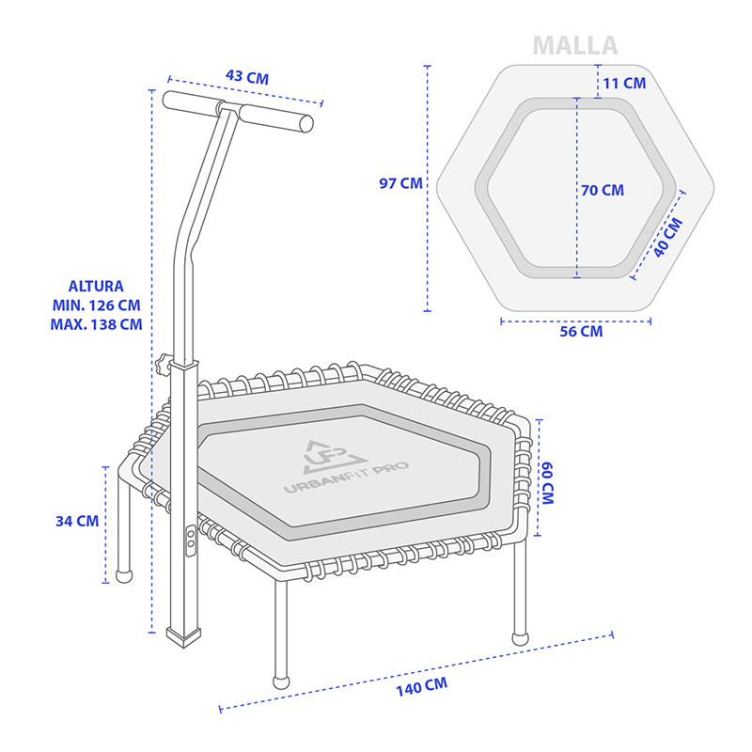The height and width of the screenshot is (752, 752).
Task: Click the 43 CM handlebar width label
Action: point(247,77)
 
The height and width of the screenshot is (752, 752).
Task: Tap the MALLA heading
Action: point(575,45)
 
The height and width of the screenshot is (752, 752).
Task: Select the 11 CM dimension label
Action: point(624,83)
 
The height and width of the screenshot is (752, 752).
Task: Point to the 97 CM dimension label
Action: point(400,183)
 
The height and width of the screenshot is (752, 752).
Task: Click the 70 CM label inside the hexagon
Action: point(603,190)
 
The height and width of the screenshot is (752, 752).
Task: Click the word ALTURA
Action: point(96,286)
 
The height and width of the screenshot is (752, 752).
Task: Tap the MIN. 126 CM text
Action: point(98,305)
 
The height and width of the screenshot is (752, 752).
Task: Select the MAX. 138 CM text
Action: point(98,323)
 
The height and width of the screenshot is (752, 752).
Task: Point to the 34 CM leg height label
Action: point(76,520)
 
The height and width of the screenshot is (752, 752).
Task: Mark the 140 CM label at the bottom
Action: point(420,686)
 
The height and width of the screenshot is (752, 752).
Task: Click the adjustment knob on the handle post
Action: point(164,362)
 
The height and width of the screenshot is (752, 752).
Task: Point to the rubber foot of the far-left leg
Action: point(122,574)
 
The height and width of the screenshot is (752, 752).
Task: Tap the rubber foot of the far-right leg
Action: point(520,637)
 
